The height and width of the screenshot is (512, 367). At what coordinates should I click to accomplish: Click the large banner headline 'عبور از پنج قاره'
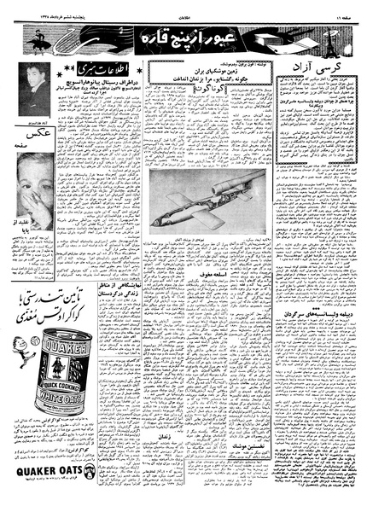[x=183, y=39]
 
